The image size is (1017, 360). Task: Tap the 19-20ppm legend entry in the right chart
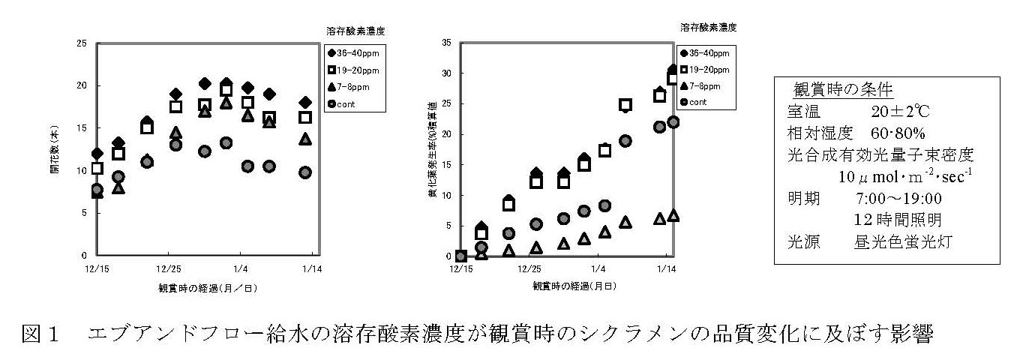tap(707, 70)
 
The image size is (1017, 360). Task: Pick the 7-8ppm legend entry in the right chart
tap(704, 86)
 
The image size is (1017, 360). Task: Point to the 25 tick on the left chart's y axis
tap(82, 43)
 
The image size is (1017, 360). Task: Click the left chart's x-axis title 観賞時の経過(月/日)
tap(201, 286)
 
